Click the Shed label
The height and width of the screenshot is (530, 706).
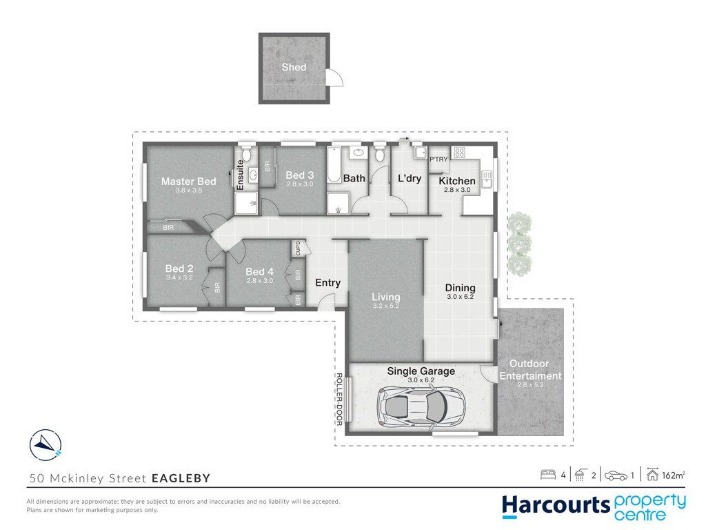click(x=294, y=67)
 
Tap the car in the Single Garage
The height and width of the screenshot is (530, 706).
click(x=421, y=406)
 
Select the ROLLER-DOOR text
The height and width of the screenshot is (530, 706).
click(x=339, y=400)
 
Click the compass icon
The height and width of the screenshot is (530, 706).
click(x=46, y=445)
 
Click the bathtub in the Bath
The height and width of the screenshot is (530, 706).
click(x=334, y=164)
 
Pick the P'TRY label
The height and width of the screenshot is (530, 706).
click(x=438, y=159)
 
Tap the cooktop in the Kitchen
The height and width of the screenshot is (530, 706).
click(x=459, y=153)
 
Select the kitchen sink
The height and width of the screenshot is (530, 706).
click(x=486, y=179)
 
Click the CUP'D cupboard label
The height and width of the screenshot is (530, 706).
click(x=298, y=248)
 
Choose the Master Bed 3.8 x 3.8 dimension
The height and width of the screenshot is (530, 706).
click(x=189, y=190)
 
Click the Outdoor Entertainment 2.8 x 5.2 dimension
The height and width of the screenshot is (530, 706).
click(x=530, y=385)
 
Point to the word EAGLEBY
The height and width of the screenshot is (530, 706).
click(x=181, y=478)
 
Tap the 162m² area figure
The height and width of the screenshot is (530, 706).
click(x=674, y=475)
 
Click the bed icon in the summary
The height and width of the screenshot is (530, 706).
click(x=548, y=475)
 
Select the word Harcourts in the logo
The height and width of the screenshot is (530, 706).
click(x=556, y=506)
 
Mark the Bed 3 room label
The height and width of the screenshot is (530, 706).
click(x=299, y=175)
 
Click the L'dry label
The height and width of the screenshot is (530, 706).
click(x=410, y=178)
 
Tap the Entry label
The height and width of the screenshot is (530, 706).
click(x=327, y=282)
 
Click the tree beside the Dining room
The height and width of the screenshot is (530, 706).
click(x=520, y=244)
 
